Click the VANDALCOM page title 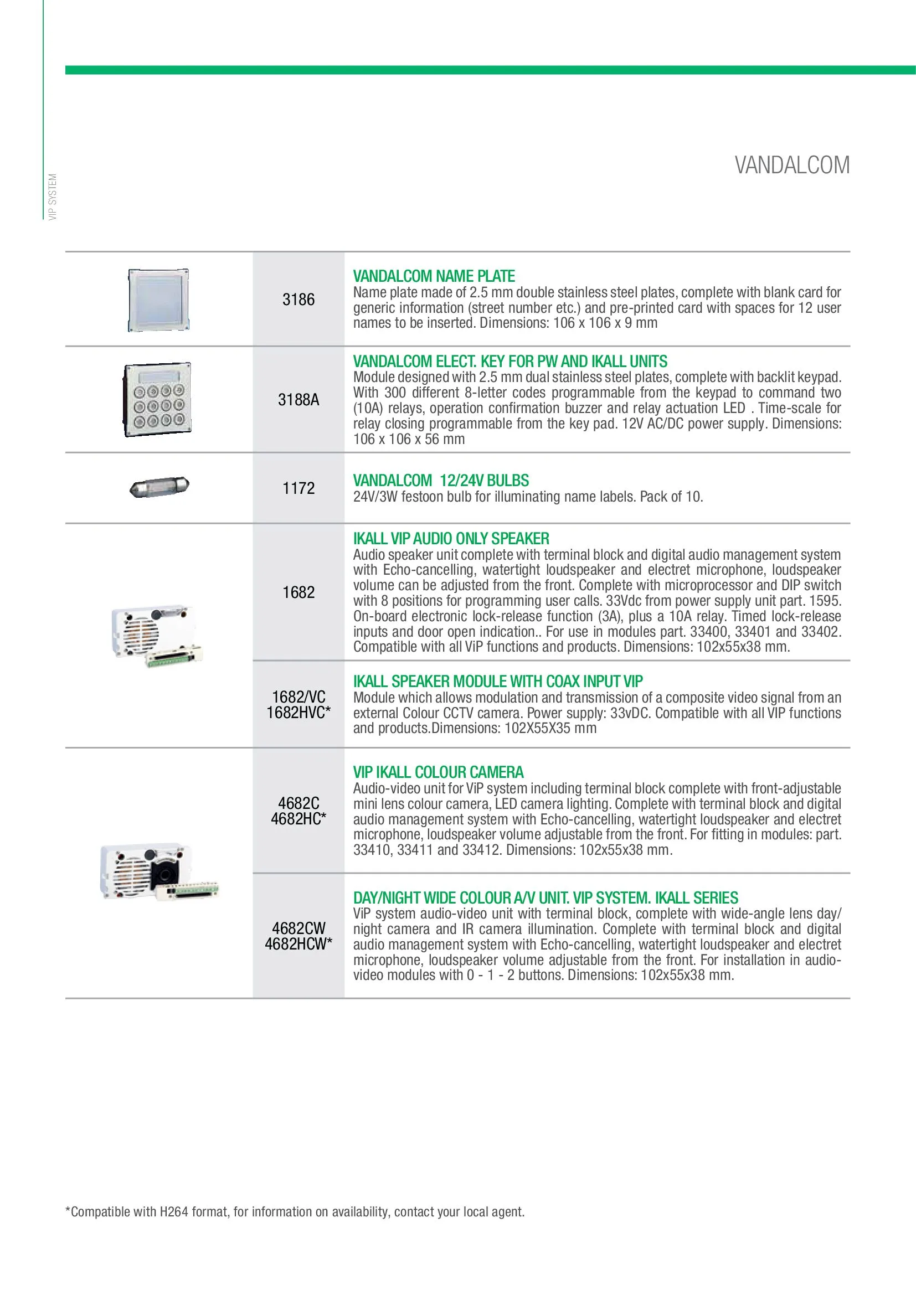pyautogui.click(x=791, y=165)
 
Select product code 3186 pyautogui.click(x=299, y=300)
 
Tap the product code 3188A pyautogui.click(x=299, y=400)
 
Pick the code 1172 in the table pyautogui.click(x=299, y=488)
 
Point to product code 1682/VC pyautogui.click(x=299, y=697)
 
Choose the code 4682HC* pyautogui.click(x=299, y=819)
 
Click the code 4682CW pyautogui.click(x=299, y=928)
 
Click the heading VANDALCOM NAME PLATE pyautogui.click(x=434, y=276)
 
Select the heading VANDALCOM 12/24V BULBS pyautogui.click(x=440, y=481)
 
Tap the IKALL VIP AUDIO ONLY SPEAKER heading pyautogui.click(x=451, y=539)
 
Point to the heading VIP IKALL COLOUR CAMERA pyautogui.click(x=438, y=772)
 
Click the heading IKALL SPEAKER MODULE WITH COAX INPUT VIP pyautogui.click(x=497, y=682)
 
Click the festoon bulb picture pyautogui.click(x=159, y=487)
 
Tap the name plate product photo pyautogui.click(x=158, y=300)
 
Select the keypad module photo pyautogui.click(x=157, y=399)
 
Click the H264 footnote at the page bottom pyautogui.click(x=295, y=1211)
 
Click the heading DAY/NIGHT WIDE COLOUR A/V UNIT pyautogui.click(x=545, y=898)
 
